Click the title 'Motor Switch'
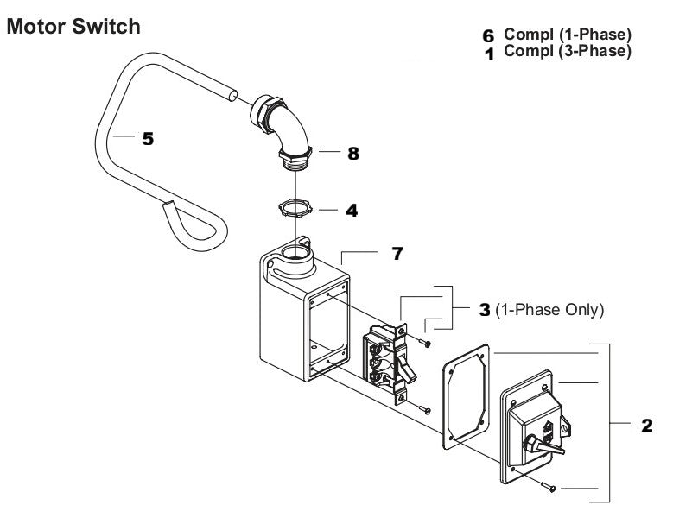coord(73,27)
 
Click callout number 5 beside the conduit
coord(149,138)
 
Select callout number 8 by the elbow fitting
coord(352,154)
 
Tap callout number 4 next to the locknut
coord(352,210)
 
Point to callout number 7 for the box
coord(397,254)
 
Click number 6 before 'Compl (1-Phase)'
coord(488,37)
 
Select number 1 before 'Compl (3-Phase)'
coord(488,54)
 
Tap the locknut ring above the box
coord(295,209)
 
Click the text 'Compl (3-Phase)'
coord(568,52)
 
